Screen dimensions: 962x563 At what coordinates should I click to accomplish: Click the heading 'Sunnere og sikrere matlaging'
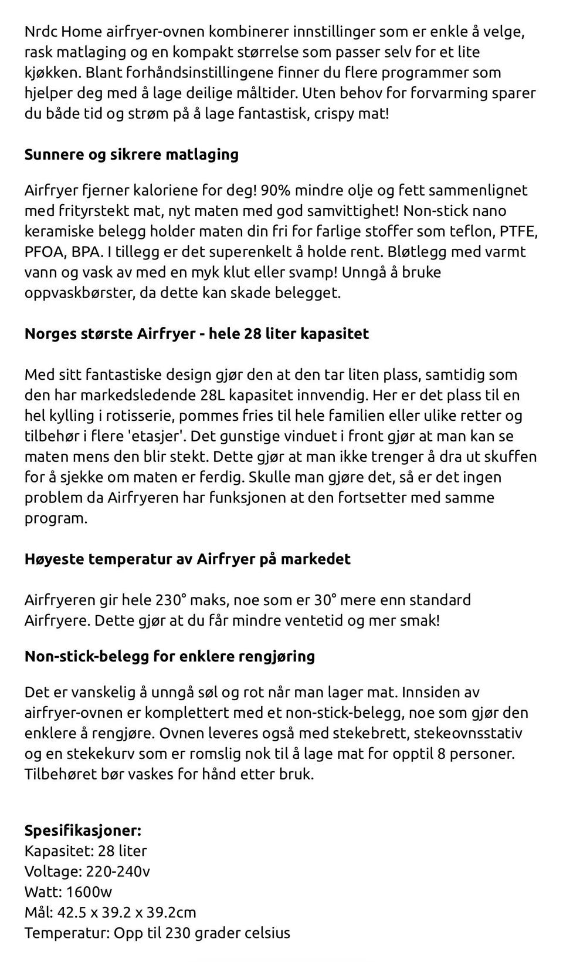(x=131, y=154)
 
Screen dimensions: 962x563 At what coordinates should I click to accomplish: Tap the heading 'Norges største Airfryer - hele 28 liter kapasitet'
(x=196, y=333)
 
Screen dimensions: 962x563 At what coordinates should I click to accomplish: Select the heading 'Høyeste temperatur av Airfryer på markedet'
(x=187, y=559)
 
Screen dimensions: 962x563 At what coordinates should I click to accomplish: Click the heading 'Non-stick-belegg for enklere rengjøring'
(x=169, y=656)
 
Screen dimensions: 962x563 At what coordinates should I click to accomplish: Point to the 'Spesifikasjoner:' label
(x=83, y=831)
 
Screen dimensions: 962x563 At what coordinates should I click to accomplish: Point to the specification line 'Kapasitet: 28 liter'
(x=86, y=851)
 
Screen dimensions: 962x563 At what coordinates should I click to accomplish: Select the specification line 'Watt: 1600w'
(x=68, y=892)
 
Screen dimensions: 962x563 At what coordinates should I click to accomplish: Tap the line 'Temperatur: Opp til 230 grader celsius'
(x=157, y=933)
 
